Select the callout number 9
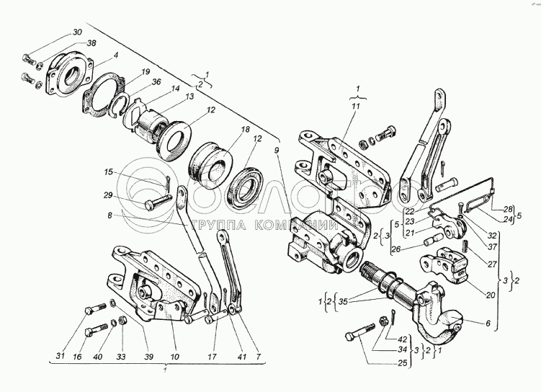point(275,150)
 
